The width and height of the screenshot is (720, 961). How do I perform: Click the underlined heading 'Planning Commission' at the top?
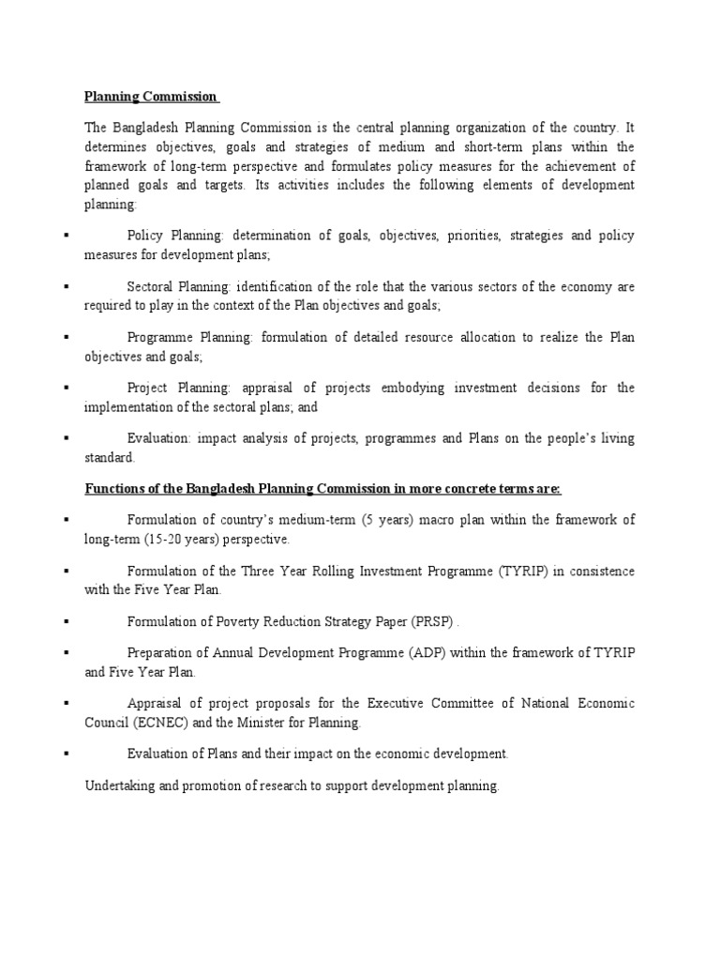150,97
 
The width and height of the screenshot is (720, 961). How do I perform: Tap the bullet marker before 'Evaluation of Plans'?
67,754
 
